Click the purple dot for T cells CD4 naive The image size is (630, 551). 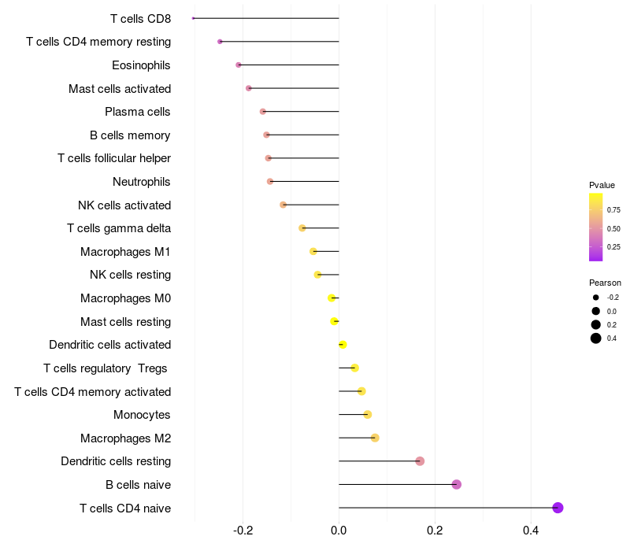click(558, 508)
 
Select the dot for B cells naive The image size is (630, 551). click(456, 484)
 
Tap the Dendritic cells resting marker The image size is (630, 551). click(420, 461)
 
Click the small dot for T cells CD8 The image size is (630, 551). click(193, 18)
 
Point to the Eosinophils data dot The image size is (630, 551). click(239, 65)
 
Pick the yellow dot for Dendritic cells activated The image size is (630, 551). click(343, 345)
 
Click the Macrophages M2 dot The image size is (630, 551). click(375, 438)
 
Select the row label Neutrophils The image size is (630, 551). click(142, 182)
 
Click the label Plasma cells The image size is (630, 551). click(138, 112)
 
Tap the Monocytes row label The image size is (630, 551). click(142, 415)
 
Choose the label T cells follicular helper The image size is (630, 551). click(114, 158)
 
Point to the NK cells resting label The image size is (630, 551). click(130, 275)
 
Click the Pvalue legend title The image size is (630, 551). click(602, 185)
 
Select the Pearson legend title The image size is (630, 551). click(605, 283)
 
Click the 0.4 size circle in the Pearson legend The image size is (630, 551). click(596, 338)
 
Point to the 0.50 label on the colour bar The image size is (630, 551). click(613, 228)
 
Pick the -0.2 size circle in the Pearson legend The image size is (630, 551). click(596, 298)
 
